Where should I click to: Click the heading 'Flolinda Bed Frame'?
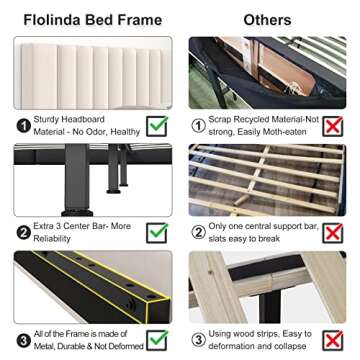[87, 19]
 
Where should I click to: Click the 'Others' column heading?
[267, 19]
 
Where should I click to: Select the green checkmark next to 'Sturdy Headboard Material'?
[157, 126]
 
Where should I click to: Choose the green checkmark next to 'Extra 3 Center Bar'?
[157, 233]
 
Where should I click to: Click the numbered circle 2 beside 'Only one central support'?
[202, 233]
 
